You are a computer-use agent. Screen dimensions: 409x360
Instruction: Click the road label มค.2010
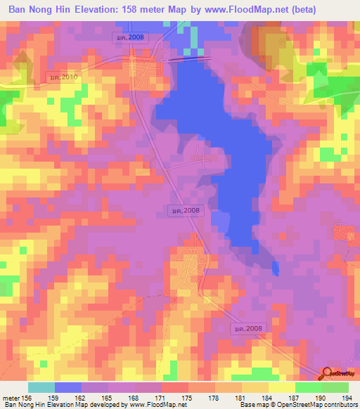click(x=63, y=77)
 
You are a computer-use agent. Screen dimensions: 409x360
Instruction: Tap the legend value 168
click(x=135, y=397)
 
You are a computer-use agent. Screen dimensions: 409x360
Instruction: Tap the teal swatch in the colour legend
click(x=41, y=387)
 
